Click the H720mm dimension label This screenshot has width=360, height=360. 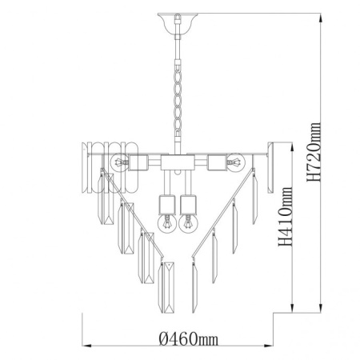(x=314, y=152)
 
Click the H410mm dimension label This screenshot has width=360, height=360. (x=286, y=217)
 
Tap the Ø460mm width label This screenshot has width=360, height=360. (x=189, y=339)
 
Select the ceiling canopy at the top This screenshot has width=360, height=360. (x=178, y=23)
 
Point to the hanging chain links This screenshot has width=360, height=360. (x=178, y=98)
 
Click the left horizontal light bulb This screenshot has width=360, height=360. (x=119, y=162)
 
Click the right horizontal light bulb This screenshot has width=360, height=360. (x=236, y=162)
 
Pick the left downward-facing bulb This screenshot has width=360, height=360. (x=167, y=223)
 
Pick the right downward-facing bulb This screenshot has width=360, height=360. (x=188, y=223)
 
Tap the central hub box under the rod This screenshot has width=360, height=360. (x=176, y=162)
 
